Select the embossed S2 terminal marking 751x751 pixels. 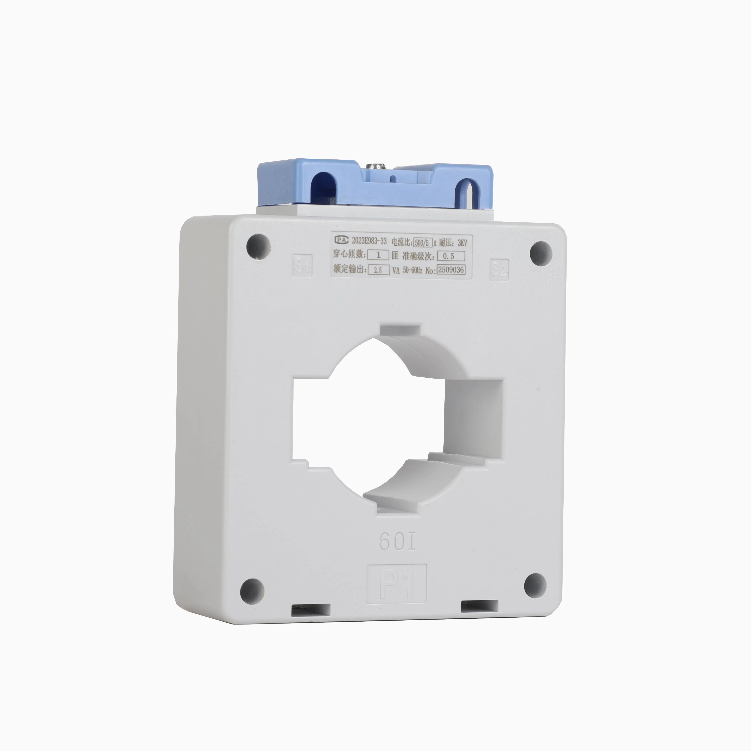point(499,269)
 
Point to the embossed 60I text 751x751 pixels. point(397,542)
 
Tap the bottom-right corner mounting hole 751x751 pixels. point(535,586)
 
